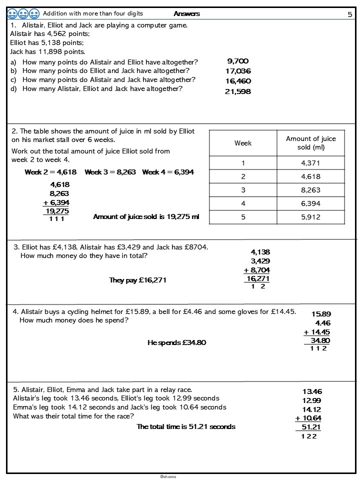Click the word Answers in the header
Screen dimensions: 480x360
tap(187, 13)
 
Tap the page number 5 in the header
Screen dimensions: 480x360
tap(349, 14)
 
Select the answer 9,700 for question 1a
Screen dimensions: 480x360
tap(238, 61)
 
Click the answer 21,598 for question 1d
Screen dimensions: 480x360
tap(238, 91)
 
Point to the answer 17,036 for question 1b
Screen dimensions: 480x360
tap(238, 71)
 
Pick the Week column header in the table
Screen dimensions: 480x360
tap(243, 143)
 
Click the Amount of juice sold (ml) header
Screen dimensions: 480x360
tap(311, 143)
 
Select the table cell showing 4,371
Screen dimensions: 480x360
tap(311, 163)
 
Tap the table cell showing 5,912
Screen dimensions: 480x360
tap(311, 217)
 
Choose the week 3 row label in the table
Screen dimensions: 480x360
tap(243, 190)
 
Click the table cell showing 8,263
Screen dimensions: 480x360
tap(311, 190)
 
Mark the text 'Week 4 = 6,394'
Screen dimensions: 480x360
tap(168, 172)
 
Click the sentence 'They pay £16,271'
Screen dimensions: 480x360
tap(137, 280)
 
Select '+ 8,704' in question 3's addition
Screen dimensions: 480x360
tap(257, 270)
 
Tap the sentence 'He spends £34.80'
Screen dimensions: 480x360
tap(176, 343)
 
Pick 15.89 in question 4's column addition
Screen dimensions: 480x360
tap(321, 314)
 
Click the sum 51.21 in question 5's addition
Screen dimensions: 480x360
tap(311, 427)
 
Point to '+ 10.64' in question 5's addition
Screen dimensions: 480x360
tap(308, 418)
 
